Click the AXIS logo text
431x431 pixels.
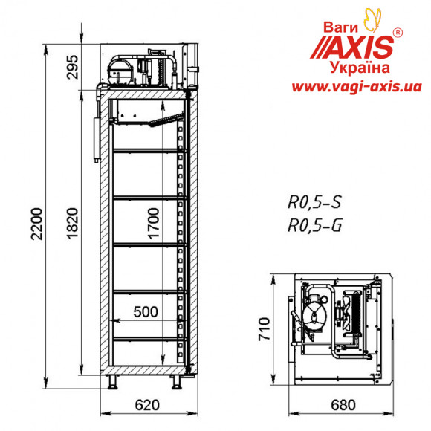[355, 46]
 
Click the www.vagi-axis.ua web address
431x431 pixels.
[351, 87]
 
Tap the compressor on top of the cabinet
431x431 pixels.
[119, 71]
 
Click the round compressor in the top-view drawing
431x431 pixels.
[315, 313]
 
